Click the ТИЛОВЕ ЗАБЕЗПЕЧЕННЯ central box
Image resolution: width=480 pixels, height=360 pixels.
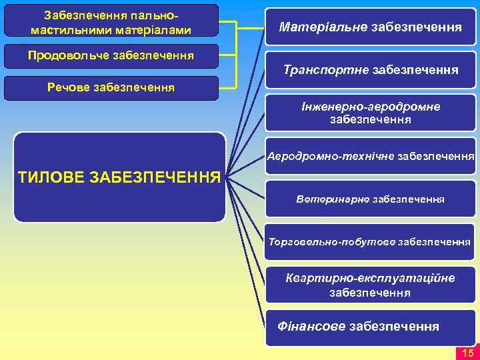point(120,177)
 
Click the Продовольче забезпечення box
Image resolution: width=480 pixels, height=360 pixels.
point(111,55)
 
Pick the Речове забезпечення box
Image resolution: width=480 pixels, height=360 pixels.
point(111,87)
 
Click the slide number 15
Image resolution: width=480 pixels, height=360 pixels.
point(467,353)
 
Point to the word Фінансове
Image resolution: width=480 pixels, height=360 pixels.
point(311,327)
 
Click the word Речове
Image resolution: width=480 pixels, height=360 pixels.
point(67,87)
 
